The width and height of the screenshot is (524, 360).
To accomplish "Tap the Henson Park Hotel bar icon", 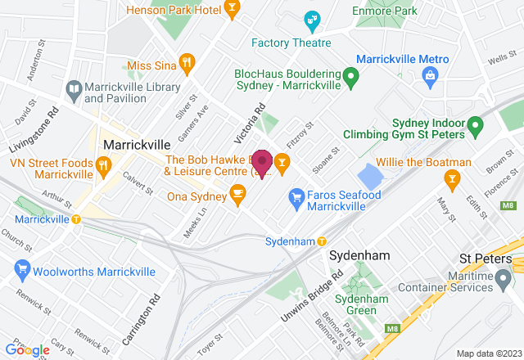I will [232, 10].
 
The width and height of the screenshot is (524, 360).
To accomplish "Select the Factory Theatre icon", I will [311, 19].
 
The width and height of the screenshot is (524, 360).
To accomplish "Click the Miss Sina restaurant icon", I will [187, 63].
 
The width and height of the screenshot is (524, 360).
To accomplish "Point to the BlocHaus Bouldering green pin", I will [351, 79].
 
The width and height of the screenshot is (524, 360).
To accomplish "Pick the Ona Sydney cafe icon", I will [238, 194].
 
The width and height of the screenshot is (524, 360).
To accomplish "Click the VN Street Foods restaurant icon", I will [103, 167].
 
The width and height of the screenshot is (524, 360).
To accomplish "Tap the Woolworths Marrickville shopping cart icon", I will [22, 271].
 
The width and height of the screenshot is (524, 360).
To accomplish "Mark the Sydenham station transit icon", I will [322, 241].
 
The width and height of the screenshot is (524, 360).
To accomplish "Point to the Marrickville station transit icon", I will [76, 219].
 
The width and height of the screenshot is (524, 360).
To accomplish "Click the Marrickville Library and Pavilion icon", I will [74, 88].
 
